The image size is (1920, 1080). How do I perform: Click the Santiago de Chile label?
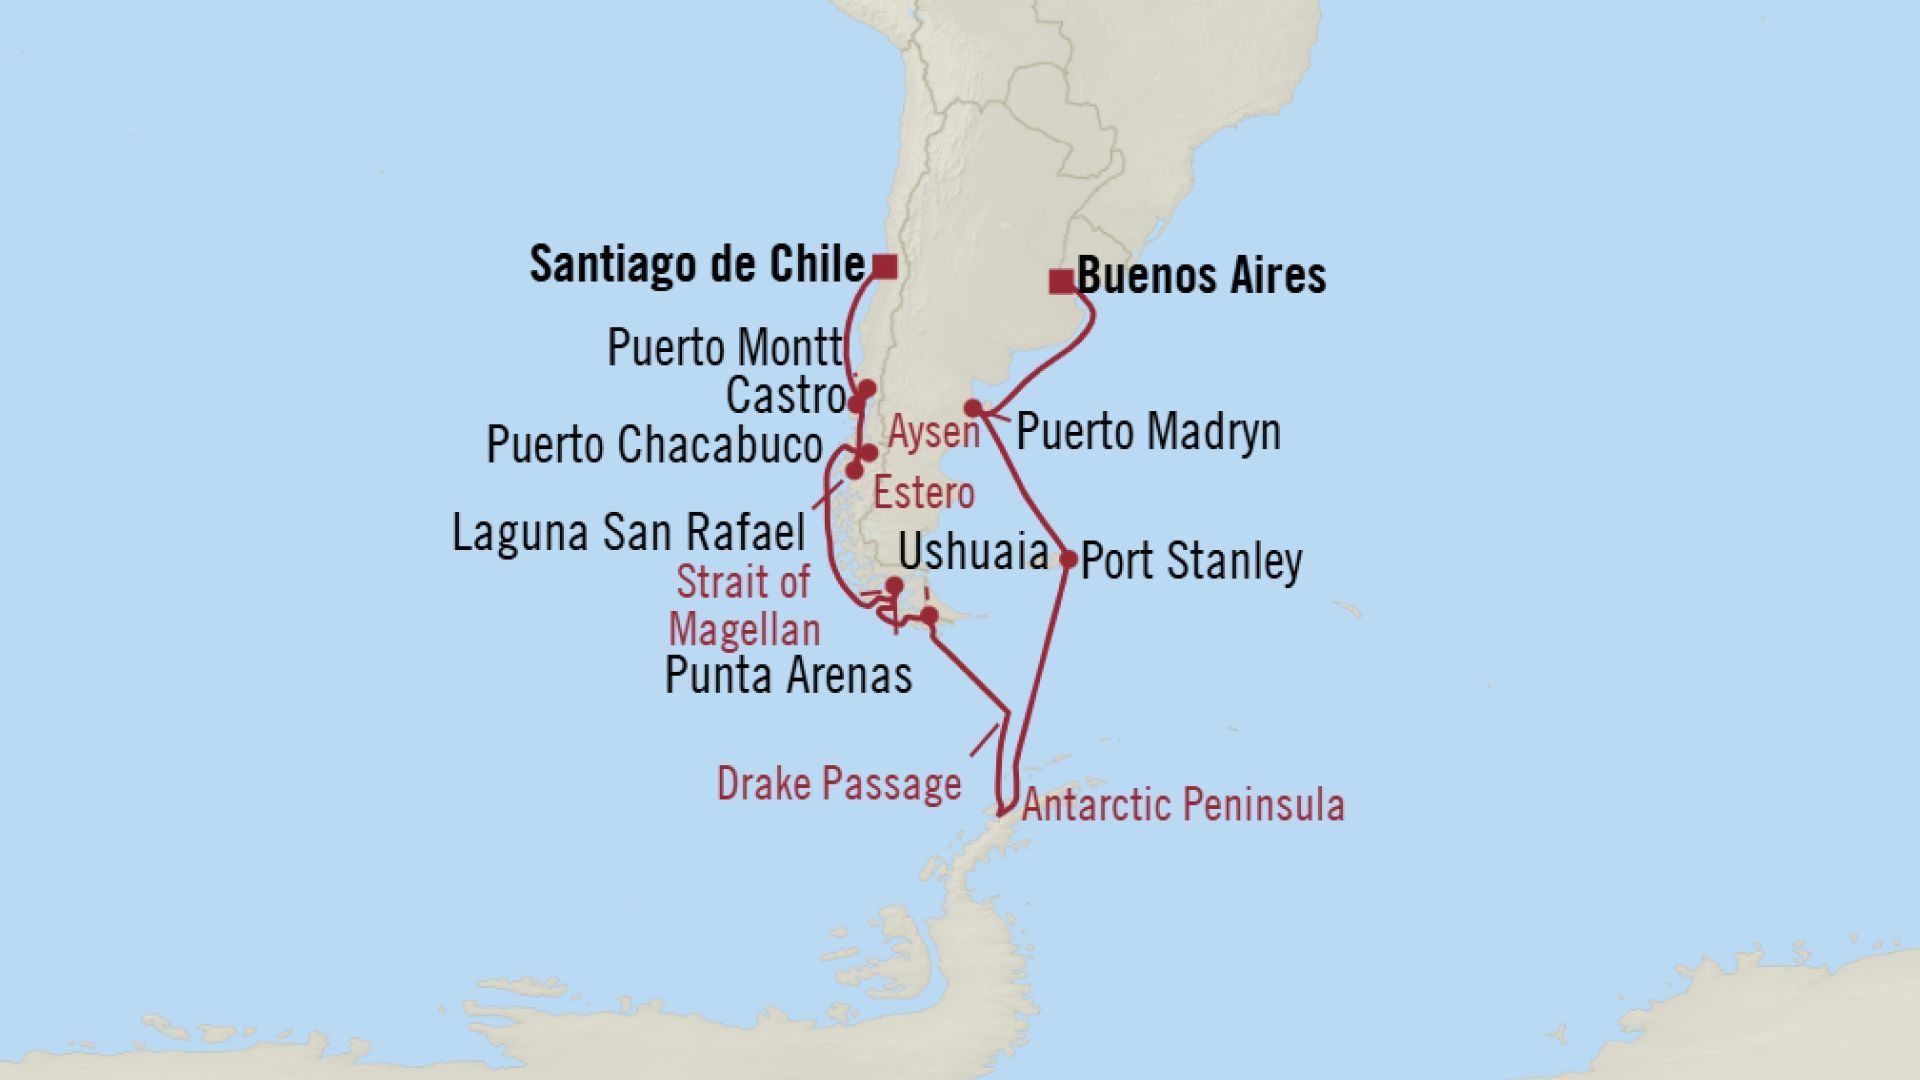coord(696,265)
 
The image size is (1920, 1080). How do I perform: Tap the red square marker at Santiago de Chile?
coord(884,266)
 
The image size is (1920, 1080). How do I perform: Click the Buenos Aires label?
coord(1201,276)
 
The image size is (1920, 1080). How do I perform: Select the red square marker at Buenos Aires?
coord(1060,282)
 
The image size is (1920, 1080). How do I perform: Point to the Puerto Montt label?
coord(725,349)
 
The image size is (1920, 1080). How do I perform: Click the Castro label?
coord(786,396)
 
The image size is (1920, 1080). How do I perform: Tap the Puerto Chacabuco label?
coord(654,445)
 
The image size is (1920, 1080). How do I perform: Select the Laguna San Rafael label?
coord(628,533)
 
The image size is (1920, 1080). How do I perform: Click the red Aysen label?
coord(934,433)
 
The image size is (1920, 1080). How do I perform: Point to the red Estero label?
coord(923,493)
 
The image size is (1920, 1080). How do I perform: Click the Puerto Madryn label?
coord(1148,432)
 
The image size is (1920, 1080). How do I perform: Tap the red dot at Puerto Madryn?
coord(972,408)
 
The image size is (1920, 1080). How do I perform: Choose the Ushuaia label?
coord(973,552)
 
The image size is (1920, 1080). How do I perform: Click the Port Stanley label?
coord(1191,561)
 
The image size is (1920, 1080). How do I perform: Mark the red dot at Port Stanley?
coord(1068,560)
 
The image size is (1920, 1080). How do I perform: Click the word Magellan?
coord(744,631)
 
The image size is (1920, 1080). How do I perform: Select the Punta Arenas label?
coord(788,676)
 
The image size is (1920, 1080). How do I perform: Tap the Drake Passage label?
coord(838,784)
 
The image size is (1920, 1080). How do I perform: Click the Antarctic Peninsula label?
coord(1182,805)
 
